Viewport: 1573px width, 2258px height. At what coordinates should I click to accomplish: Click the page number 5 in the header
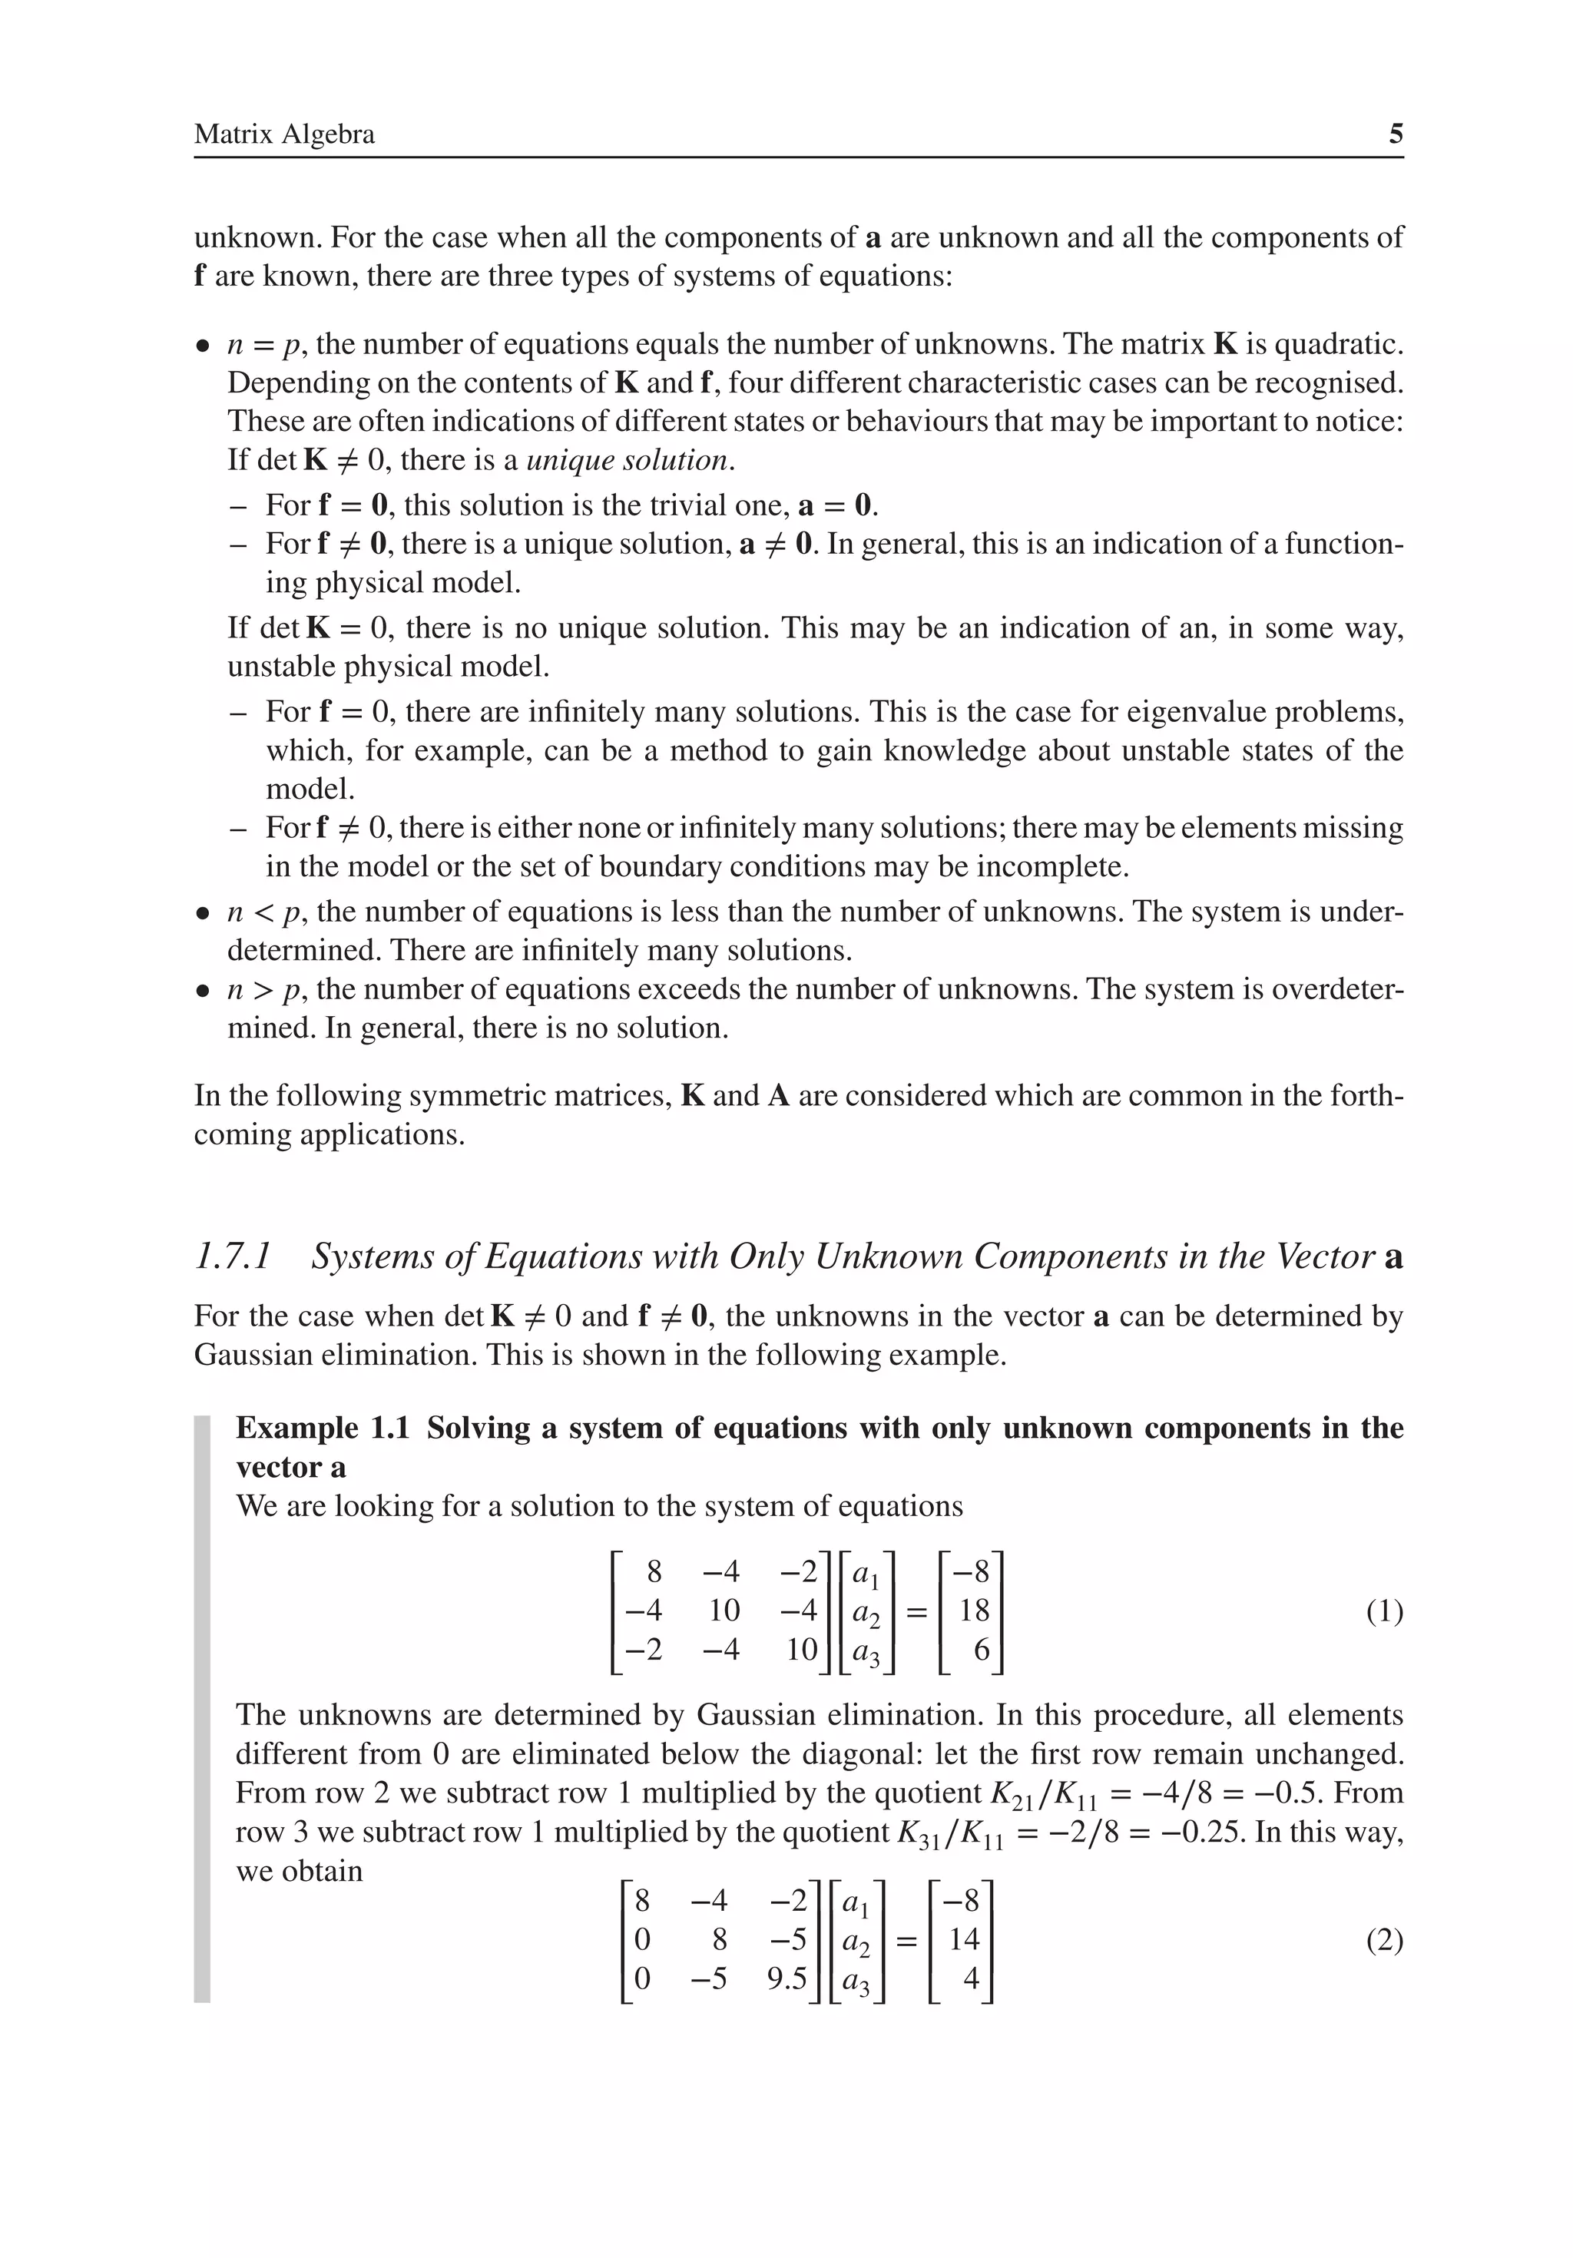[x=1395, y=134]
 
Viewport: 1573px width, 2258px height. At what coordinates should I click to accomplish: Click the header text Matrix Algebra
[x=284, y=134]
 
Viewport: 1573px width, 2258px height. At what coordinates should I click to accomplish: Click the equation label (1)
[x=1384, y=1613]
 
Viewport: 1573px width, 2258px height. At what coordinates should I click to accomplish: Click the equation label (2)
[x=1384, y=1942]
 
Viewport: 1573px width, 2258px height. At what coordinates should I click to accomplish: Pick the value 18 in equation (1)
[x=974, y=1611]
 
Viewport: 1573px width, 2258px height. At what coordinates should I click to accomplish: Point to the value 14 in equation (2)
[x=964, y=1939]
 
